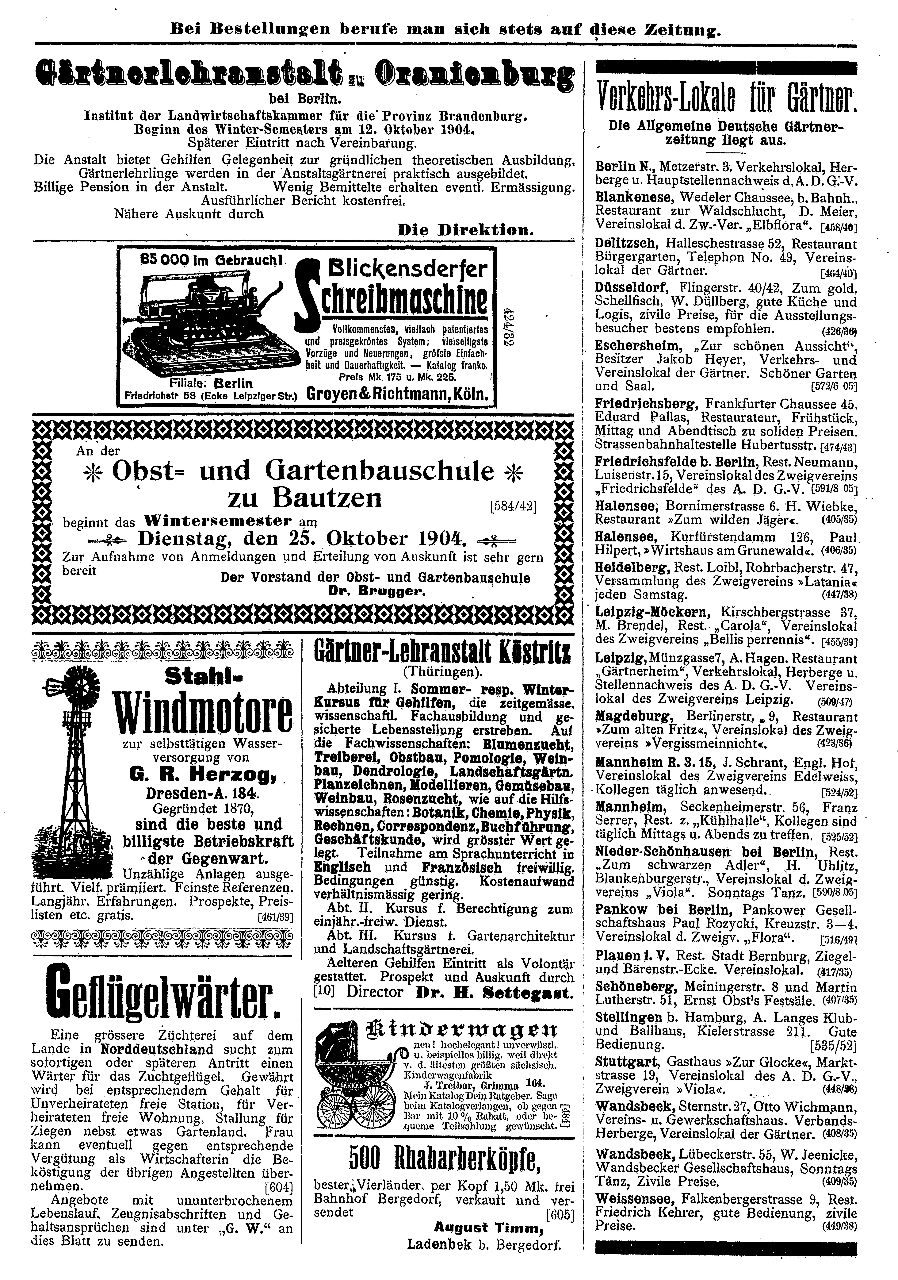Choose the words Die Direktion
(465, 230)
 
